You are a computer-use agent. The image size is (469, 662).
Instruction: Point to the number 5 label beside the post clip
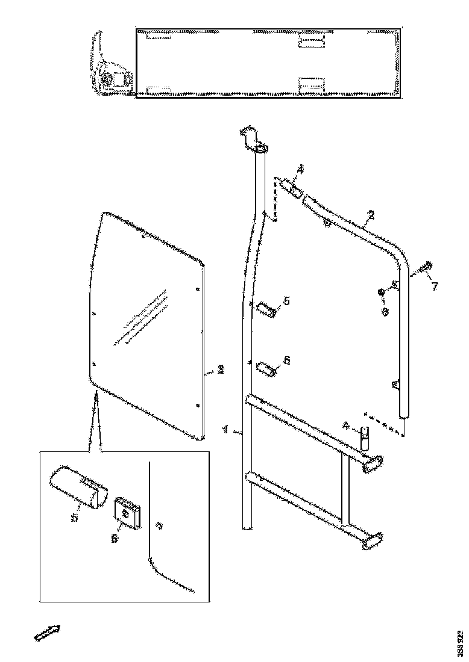pos(286,300)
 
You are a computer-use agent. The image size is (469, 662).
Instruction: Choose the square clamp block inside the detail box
pos(127,512)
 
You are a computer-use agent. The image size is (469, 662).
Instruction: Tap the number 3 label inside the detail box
pos(159,525)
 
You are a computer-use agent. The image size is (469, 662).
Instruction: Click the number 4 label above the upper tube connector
pos(301,170)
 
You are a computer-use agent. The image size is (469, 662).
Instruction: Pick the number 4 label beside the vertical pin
pos(345,425)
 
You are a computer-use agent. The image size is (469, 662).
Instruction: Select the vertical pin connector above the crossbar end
pos(365,437)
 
